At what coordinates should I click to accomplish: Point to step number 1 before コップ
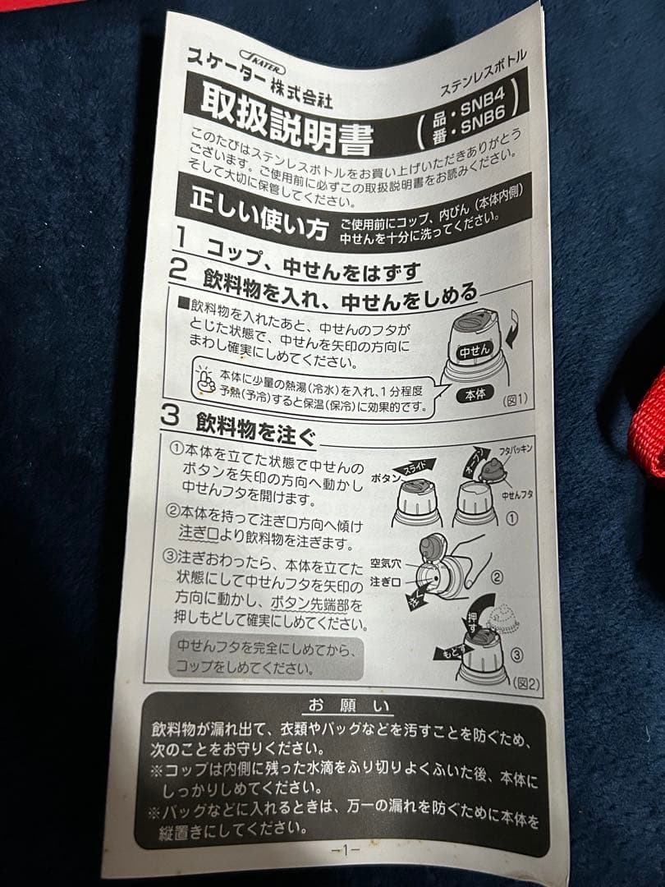click(182, 240)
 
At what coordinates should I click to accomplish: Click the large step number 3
click(170, 416)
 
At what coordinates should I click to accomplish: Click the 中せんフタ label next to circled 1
click(518, 494)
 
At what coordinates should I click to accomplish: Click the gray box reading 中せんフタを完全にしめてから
click(266, 656)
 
